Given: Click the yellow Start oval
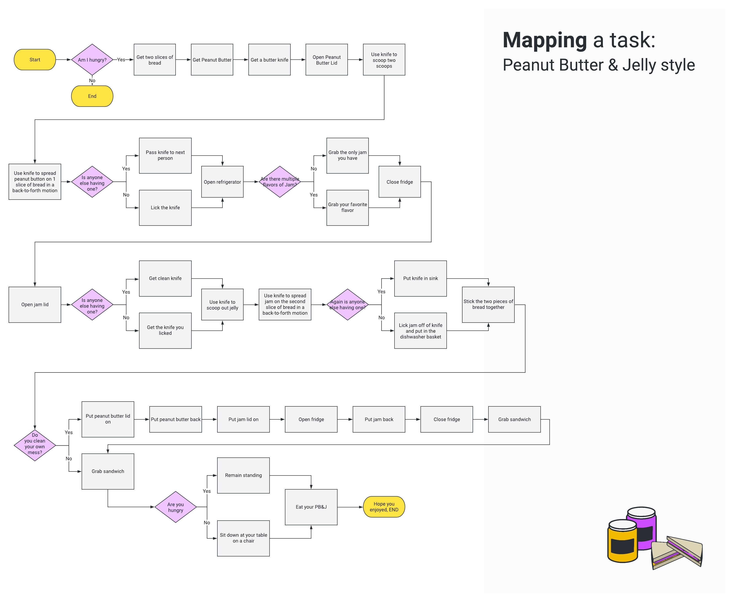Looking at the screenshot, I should click(35, 60).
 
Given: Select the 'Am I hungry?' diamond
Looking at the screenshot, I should click(92, 60).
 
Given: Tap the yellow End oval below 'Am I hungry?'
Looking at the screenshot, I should click(92, 96).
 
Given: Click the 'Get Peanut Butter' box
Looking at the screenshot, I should click(212, 60).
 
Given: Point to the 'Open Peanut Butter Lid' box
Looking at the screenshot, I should click(326, 60).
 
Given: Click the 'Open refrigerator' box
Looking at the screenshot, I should click(222, 182).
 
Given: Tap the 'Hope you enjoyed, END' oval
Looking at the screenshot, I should click(384, 507).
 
